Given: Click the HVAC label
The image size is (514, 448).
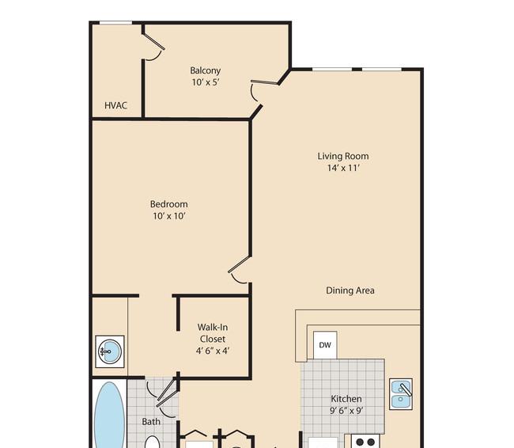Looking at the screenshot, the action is coord(115,105).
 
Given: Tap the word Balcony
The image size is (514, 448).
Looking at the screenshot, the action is coord(206,70).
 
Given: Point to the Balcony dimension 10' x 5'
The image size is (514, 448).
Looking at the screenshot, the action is coord(206,82).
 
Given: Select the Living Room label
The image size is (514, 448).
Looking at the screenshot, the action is coord(343,156).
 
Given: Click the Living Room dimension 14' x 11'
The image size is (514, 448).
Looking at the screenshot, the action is coord(343,168).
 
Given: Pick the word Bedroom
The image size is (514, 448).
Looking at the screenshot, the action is coord(168,204).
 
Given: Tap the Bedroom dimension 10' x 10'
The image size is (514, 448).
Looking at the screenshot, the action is coord(169,216).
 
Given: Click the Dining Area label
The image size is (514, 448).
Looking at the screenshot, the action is coord(350,290).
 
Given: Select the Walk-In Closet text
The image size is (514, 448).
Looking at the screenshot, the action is coord(213,332).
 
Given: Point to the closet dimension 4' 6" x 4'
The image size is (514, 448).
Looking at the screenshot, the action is coord(213,351).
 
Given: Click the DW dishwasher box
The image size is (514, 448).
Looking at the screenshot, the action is coord(325,345).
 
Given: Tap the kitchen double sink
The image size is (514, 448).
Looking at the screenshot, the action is coord(401,394).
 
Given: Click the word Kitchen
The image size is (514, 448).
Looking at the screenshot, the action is coord(346,399).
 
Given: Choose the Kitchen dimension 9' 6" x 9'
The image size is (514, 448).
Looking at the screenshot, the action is coord(346,411).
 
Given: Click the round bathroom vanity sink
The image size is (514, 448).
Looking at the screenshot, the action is coord(110,351).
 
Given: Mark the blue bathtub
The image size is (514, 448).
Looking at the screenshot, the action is coord(109,415).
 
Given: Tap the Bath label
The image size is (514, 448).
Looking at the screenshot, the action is coord(151,421).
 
